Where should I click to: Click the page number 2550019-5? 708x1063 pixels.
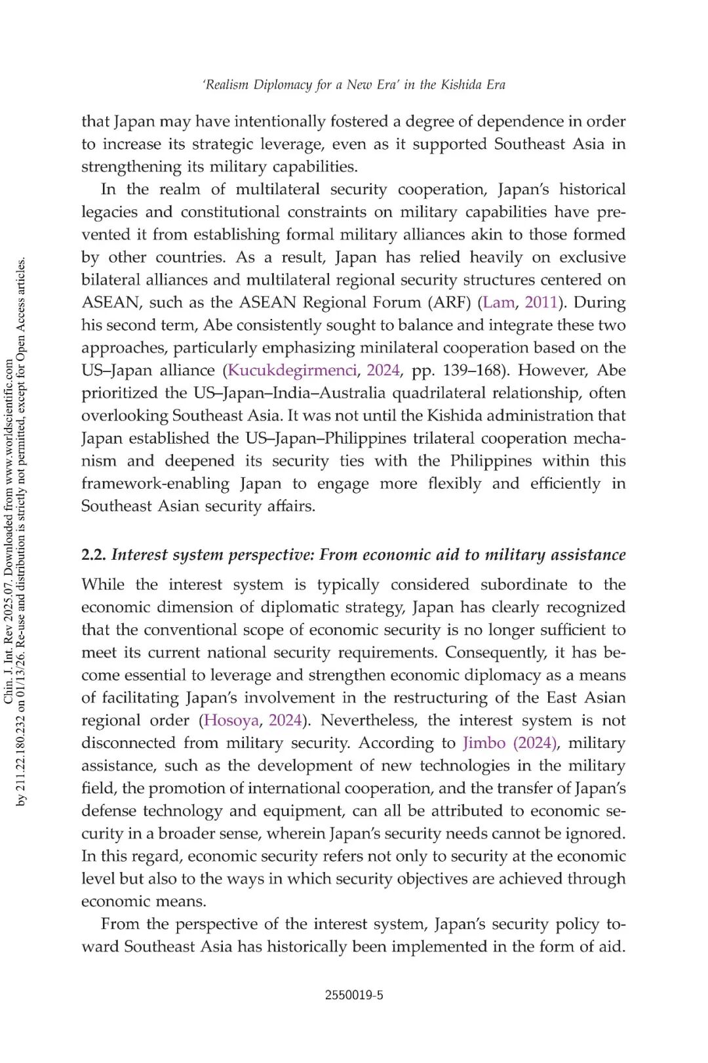click(x=353, y=995)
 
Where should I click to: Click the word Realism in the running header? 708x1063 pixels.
click(x=227, y=85)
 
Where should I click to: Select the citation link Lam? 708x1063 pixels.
click(x=498, y=302)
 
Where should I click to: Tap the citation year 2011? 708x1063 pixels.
click(x=541, y=302)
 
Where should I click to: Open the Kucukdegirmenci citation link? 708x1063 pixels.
click(x=292, y=371)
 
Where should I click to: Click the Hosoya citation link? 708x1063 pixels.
click(x=231, y=720)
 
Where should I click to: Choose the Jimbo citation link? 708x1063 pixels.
click(x=484, y=743)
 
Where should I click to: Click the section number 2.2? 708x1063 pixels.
click(x=94, y=555)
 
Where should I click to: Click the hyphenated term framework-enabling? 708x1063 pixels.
click(x=155, y=484)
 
